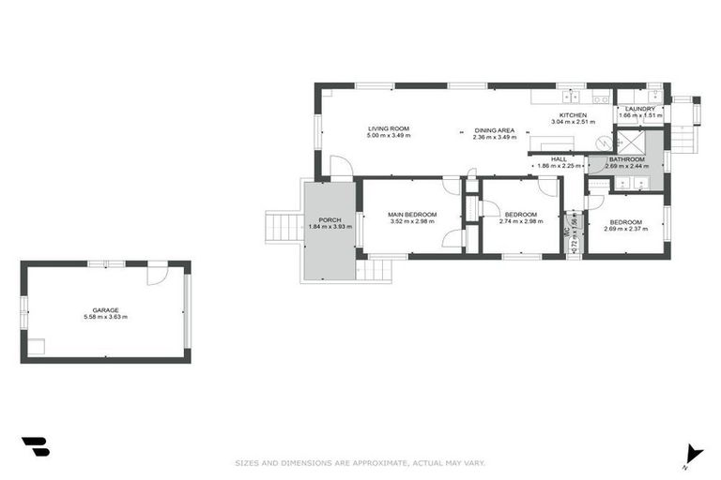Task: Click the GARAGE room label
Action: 104,309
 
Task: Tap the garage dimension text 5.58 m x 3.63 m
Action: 104,317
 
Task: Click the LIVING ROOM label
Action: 389,128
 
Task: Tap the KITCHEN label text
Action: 573,115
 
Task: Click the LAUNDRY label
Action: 640,109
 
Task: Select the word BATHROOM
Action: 626,159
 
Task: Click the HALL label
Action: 559,159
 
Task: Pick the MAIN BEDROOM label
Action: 414,215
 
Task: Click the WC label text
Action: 567,230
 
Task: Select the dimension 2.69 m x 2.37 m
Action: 626,229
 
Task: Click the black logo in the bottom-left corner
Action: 35,447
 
